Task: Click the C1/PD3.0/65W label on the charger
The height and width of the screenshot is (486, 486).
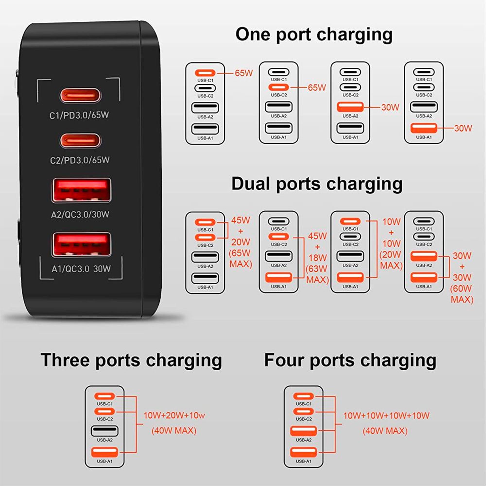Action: click(x=79, y=115)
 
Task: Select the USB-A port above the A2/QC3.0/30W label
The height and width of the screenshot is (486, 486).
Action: click(x=81, y=190)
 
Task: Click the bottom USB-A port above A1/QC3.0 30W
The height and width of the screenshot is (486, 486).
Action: click(x=81, y=245)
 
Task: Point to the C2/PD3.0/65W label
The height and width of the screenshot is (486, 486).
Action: click(x=80, y=160)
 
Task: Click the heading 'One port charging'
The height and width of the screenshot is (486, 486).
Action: click(x=314, y=35)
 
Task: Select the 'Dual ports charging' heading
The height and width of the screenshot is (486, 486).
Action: click(x=317, y=184)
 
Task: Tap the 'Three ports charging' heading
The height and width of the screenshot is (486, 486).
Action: click(x=131, y=360)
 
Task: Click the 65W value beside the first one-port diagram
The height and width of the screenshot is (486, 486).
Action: click(x=244, y=73)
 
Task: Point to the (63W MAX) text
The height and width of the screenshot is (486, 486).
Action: click(x=317, y=274)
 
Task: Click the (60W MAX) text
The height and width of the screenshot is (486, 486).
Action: click(x=462, y=294)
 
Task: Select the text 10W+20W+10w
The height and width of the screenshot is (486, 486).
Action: click(x=174, y=415)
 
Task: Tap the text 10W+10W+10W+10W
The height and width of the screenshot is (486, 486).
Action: click(x=386, y=415)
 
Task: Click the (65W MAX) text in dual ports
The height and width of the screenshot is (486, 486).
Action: click(x=240, y=258)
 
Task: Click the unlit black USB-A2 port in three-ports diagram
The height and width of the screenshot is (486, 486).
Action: click(x=104, y=431)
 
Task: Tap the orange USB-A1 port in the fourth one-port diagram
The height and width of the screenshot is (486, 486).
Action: click(x=424, y=128)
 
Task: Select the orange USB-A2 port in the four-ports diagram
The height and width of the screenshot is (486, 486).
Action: click(x=303, y=431)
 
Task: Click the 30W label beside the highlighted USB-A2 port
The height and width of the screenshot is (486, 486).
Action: click(x=390, y=107)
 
